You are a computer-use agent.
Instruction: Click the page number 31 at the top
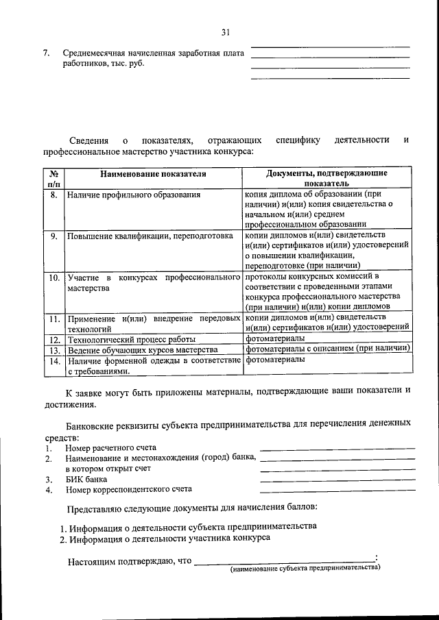[225, 32]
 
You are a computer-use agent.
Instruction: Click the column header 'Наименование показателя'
[153, 174]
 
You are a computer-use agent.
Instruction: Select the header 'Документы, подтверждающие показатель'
[327, 179]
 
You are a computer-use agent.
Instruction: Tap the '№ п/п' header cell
[54, 179]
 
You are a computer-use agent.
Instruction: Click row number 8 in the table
[54, 195]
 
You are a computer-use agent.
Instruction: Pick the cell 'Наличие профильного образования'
[134, 195]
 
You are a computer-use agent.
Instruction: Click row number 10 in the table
[54, 278]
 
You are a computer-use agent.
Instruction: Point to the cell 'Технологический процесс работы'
[131, 339]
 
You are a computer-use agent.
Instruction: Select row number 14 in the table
[54, 360]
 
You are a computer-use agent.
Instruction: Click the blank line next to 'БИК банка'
[337, 479]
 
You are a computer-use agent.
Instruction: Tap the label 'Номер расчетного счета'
[111, 447]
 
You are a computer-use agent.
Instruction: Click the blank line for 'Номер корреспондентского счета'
[337, 491]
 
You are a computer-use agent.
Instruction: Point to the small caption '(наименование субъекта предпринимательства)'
[305, 568]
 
